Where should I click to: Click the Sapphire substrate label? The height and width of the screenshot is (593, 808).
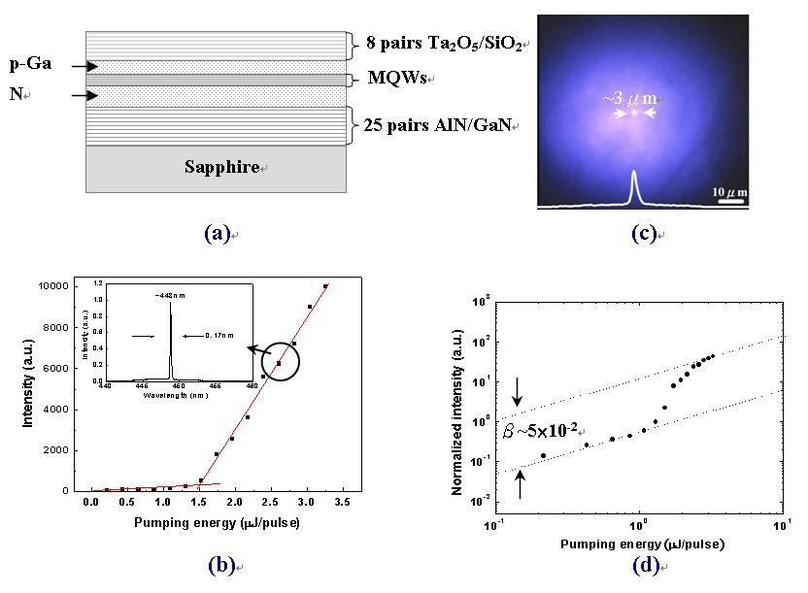[x=222, y=167]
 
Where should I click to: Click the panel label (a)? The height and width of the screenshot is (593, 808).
[x=217, y=233]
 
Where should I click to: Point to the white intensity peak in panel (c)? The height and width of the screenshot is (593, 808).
[x=634, y=184]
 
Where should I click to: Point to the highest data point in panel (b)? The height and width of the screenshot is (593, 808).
[x=326, y=286]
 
